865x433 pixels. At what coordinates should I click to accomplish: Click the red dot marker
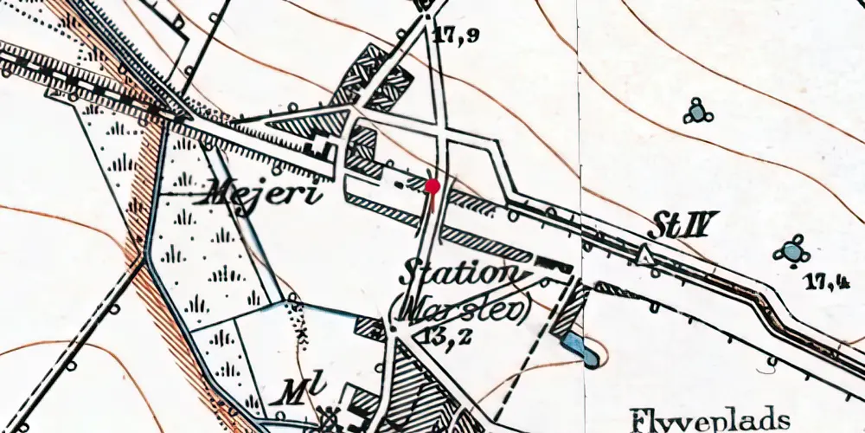click(x=432, y=185)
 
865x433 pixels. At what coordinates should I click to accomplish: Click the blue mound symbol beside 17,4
click(x=791, y=252)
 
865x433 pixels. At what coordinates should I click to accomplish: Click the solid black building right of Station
click(x=553, y=266)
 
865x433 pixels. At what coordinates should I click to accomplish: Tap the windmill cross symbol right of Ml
click(x=330, y=417)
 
